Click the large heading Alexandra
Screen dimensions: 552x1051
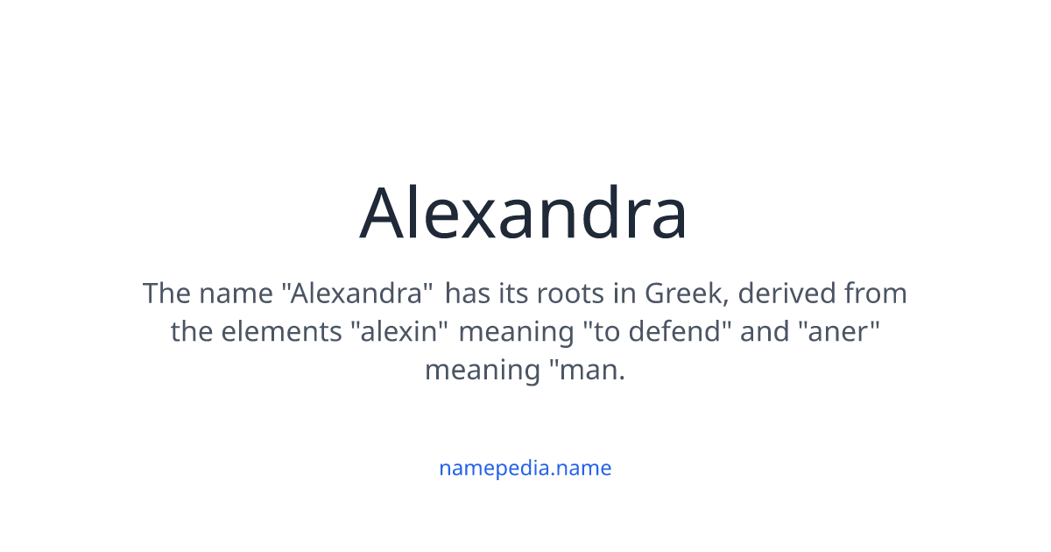[x=524, y=213]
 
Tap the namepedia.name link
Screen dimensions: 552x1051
[x=525, y=468]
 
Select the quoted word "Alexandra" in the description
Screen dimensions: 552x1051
[x=357, y=293]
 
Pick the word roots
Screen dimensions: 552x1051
[x=569, y=293]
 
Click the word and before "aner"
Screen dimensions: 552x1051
[x=763, y=331]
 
